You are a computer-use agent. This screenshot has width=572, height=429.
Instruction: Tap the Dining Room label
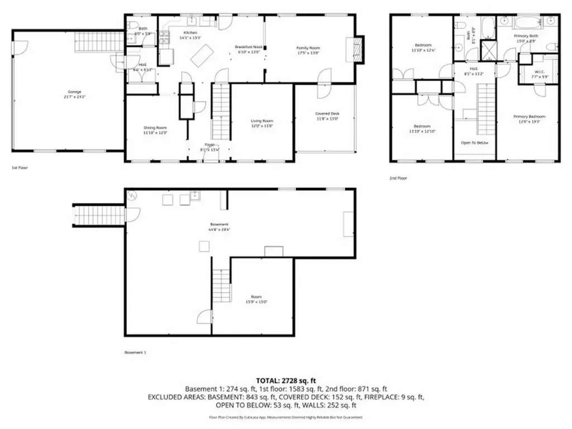155,131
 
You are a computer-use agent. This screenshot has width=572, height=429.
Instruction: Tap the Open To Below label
474,143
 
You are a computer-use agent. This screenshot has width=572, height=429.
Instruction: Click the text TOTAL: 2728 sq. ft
285,380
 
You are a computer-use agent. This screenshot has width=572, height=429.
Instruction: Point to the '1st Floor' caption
20,168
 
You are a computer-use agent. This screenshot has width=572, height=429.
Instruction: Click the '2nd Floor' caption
399,178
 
